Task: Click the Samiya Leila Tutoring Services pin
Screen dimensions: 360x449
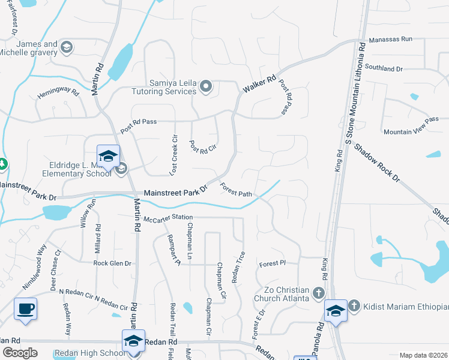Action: click(x=206, y=87)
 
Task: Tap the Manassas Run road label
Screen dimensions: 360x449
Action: click(x=391, y=39)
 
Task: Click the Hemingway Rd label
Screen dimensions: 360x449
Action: click(x=58, y=94)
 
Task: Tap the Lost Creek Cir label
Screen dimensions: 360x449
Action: click(x=174, y=155)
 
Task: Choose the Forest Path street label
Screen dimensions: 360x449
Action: click(x=236, y=190)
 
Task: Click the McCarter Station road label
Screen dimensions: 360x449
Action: click(x=168, y=217)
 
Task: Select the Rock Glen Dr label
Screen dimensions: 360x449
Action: click(x=112, y=263)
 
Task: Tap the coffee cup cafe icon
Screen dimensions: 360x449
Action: click(x=25, y=309)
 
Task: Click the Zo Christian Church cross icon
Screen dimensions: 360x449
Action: click(x=318, y=293)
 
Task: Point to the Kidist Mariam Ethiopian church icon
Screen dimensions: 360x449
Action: click(x=354, y=307)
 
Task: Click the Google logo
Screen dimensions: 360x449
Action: click(x=20, y=353)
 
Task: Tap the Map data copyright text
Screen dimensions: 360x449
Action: click(x=423, y=355)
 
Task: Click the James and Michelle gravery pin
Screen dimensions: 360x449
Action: click(x=67, y=47)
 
